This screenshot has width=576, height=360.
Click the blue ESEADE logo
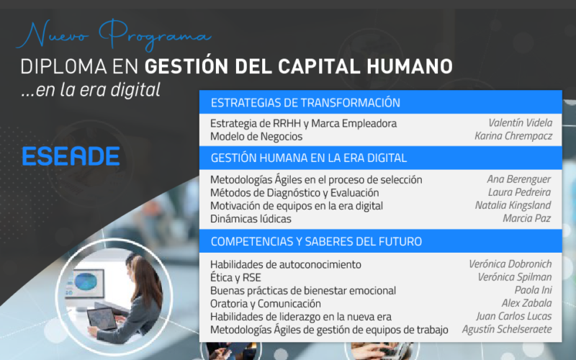pos(71,156)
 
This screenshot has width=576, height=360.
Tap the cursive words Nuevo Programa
pos(114,35)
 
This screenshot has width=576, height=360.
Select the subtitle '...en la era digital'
pos(91,89)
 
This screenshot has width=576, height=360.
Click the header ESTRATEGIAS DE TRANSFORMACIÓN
pos(305,102)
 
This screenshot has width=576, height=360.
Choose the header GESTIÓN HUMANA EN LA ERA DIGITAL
pos(309,158)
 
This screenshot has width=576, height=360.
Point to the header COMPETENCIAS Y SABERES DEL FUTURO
pos(316,241)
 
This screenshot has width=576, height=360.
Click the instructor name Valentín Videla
pos(520,122)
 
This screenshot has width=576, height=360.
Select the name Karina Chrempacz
pos(513,136)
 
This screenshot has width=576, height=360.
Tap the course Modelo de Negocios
pos(256,137)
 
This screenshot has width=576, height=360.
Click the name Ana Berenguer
pos(518,179)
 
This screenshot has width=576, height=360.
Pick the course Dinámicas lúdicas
pos(251,219)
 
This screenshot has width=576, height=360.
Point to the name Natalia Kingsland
pos(513,205)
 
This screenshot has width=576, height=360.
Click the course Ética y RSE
pos(235,277)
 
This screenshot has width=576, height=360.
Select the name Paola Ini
pos(533,290)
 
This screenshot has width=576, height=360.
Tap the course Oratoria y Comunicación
pos(265,304)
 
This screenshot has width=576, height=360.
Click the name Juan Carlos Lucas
pos(514,316)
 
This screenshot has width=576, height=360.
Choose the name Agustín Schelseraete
pos(507,329)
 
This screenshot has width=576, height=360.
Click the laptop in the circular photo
pos(102,319)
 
